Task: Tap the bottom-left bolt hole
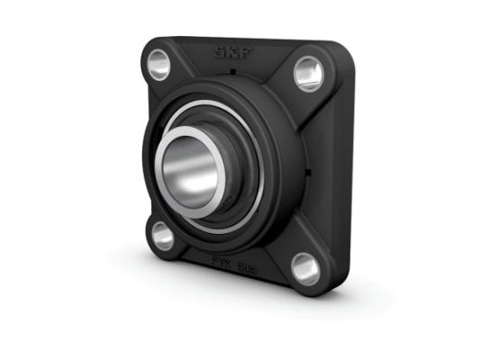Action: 163,235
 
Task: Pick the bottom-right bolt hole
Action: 305,269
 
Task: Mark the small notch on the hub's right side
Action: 308,171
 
